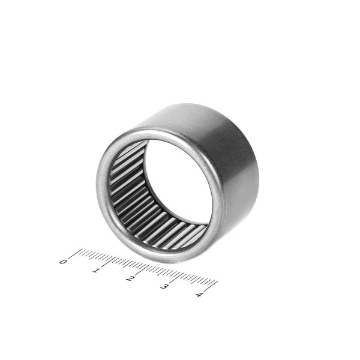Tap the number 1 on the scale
(x=96, y=270)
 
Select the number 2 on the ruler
(x=130, y=278)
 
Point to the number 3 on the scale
(x=164, y=287)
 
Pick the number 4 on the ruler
(x=199, y=295)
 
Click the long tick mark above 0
(x=75, y=253)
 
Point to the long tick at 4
(x=211, y=286)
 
